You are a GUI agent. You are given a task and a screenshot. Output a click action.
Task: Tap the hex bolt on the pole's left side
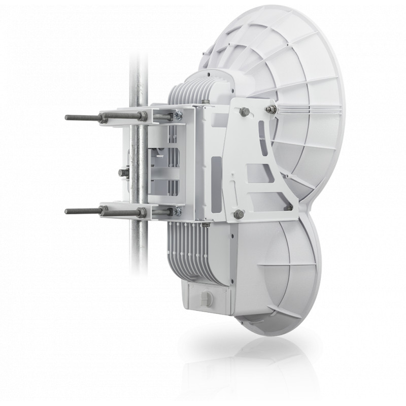[x=122, y=173]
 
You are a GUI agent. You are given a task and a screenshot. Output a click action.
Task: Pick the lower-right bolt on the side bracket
[x=290, y=206]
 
